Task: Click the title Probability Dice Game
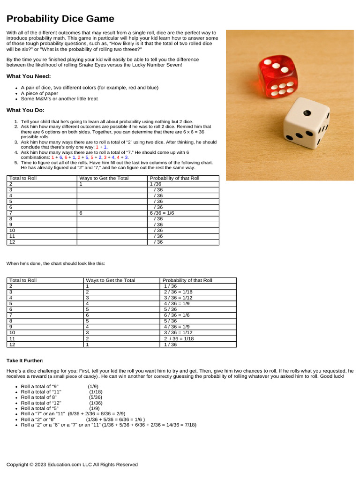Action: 60,19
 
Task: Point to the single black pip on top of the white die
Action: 307,113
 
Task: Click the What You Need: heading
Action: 29,76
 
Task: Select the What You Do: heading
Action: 26,110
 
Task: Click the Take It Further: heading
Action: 25,360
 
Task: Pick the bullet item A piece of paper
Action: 39,93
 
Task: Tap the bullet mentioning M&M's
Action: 59,99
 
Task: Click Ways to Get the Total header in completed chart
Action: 110,280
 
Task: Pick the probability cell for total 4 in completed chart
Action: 178,298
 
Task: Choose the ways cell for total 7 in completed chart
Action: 87,315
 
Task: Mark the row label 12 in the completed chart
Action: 12,344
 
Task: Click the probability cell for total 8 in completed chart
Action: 170,321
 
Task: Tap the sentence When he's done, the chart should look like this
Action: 56,263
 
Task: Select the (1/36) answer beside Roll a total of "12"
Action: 96,403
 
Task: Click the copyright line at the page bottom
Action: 72,465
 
